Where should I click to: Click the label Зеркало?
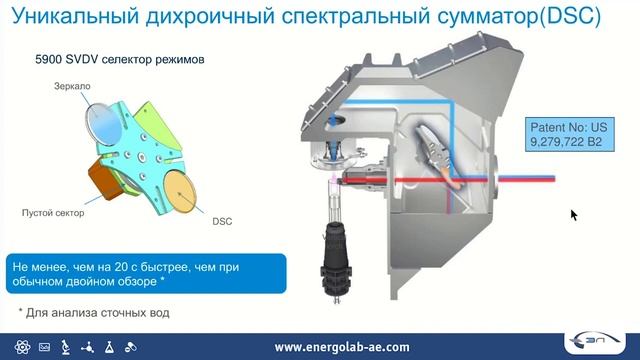click(x=72, y=87)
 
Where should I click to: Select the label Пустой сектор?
click(x=53, y=213)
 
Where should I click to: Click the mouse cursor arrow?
click(x=574, y=214)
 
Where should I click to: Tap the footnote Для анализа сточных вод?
click(x=94, y=312)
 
